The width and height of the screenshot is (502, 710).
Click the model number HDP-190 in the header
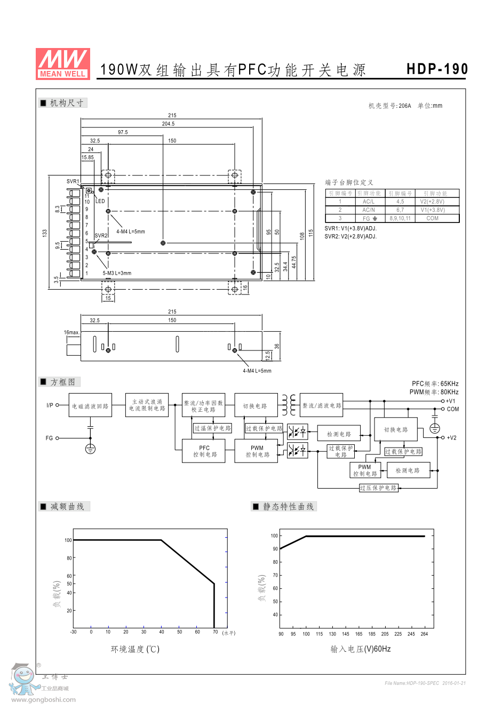(437, 69)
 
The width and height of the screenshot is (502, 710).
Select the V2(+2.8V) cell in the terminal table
(432, 202)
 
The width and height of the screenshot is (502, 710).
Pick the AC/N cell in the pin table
(369, 210)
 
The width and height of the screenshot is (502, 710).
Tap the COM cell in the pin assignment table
(432, 218)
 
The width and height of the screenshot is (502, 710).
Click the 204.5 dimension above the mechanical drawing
(168, 124)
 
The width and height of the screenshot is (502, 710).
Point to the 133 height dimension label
(45, 233)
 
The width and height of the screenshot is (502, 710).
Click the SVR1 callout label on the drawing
(73, 181)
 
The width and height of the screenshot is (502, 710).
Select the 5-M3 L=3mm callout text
(117, 273)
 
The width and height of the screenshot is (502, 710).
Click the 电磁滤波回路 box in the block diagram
(90, 406)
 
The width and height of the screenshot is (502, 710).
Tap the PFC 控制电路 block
(204, 451)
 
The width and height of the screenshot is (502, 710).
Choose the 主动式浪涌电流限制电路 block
(147, 405)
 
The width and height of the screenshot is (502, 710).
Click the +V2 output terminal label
(451, 438)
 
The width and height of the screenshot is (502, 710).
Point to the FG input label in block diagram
(49, 438)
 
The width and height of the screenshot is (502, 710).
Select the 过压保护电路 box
(378, 488)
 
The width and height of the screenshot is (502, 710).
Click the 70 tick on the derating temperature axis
(215, 632)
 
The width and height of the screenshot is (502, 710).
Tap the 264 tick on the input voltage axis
(424, 634)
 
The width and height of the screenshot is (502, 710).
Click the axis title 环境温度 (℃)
(135, 649)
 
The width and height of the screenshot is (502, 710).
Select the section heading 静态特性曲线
(288, 507)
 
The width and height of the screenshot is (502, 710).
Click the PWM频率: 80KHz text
(434, 392)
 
